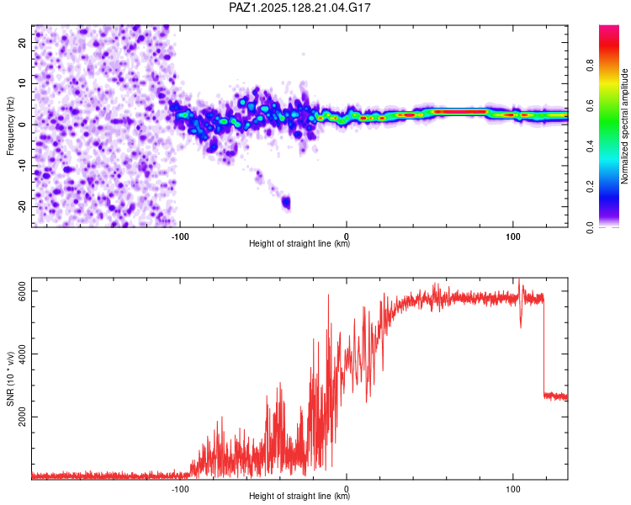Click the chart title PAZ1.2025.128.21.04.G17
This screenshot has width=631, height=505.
tap(300, 8)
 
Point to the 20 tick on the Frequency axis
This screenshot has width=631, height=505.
tap(22, 42)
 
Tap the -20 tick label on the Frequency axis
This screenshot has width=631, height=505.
tap(22, 206)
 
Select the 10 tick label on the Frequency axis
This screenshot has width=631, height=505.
tap(22, 83)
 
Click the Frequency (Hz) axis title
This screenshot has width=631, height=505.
tap(10, 126)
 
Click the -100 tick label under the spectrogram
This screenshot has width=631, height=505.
tap(180, 237)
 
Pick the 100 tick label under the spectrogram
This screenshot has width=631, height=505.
tap(512, 237)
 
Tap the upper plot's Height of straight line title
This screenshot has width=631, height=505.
tap(300, 243)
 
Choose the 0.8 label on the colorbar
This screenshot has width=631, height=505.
tap(591, 65)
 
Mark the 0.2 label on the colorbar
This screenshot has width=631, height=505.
tap(591, 187)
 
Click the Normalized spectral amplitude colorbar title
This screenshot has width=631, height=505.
tap(624, 126)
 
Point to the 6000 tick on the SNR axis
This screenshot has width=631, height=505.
tap(22, 290)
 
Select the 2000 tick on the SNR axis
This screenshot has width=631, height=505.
tap(22, 417)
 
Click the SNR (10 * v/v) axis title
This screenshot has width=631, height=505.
tap(10, 379)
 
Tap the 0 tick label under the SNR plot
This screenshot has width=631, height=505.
tap(347, 489)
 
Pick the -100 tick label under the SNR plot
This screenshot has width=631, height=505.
tap(180, 489)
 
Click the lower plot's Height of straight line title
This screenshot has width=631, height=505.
tap(300, 496)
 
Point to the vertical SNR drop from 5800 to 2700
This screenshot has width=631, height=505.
tap(544, 346)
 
